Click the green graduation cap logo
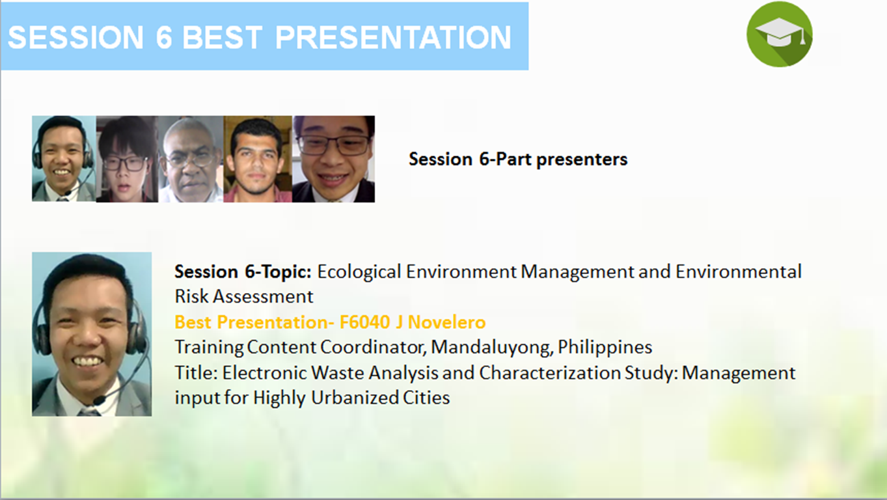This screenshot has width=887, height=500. click(x=779, y=34)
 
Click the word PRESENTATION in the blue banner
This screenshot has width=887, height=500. click(x=393, y=37)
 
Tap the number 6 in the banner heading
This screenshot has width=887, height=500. click(x=164, y=37)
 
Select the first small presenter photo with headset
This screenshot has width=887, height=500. click(x=64, y=158)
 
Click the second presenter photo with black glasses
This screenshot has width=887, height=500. click(x=127, y=159)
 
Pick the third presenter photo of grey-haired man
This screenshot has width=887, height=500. click(x=191, y=159)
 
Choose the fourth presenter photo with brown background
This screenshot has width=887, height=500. click(x=258, y=159)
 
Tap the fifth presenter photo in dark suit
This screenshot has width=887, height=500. click(x=333, y=159)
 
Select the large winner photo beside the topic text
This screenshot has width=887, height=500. click(x=92, y=334)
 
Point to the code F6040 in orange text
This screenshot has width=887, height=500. click(x=364, y=322)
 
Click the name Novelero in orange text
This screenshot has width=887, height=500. click(x=446, y=322)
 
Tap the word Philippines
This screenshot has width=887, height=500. click(x=605, y=348)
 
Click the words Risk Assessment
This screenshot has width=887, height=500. click(x=244, y=297)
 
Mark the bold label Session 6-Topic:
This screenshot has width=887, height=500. click(x=243, y=272)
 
